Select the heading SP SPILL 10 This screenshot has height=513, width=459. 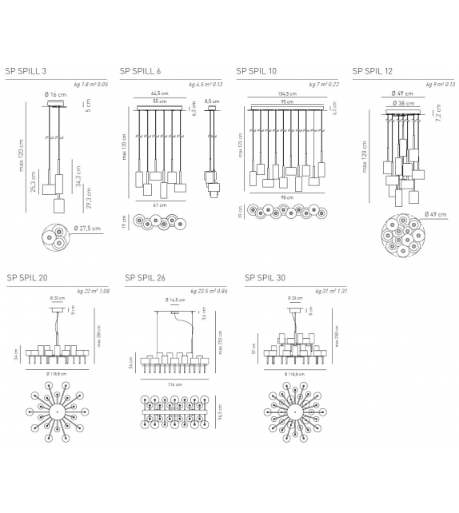pos(256,71)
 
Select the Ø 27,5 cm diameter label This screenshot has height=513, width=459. pos(86,229)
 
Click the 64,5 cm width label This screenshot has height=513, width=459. pos(162,94)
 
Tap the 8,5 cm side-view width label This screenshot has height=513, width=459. pos(211,101)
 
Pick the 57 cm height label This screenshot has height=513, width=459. pos(255,350)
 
